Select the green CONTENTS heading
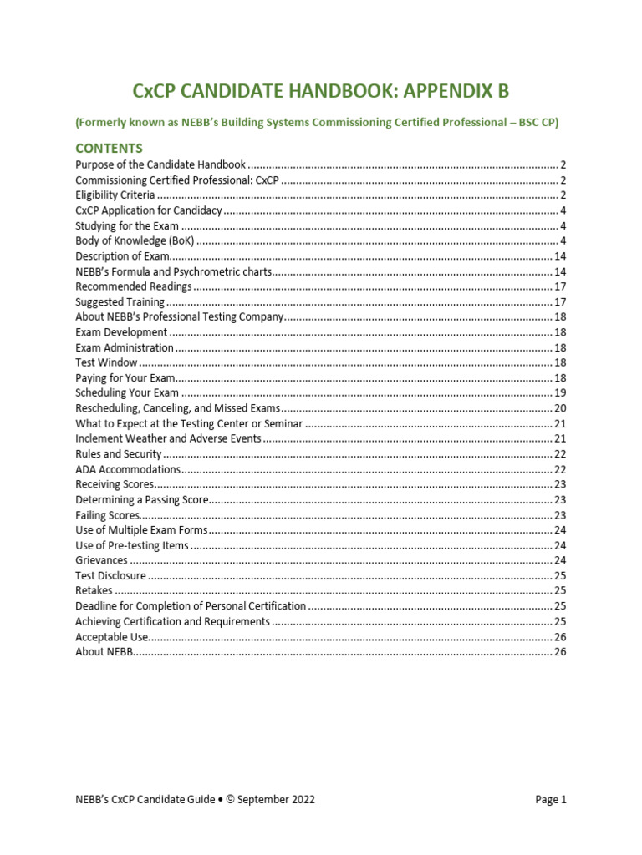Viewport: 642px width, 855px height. pos(109,149)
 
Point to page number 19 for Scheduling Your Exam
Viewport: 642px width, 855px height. pos(560,393)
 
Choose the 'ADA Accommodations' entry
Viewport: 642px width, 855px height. pos(127,469)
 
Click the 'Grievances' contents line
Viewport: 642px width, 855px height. pos(101,560)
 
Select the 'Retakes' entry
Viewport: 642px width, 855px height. pos(94,590)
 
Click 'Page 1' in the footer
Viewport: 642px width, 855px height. pos(551,799)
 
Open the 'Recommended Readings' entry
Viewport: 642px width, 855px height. pos(133,286)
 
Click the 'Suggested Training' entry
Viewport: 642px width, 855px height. pos(120,302)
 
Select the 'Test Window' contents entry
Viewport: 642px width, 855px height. pos(106,362)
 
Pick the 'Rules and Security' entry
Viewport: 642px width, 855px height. pos(118,454)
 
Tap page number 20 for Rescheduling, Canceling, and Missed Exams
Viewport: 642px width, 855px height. pos(560,408)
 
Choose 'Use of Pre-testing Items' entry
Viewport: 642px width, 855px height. pos(131,545)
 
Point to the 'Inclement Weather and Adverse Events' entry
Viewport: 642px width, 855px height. pos(168,438)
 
